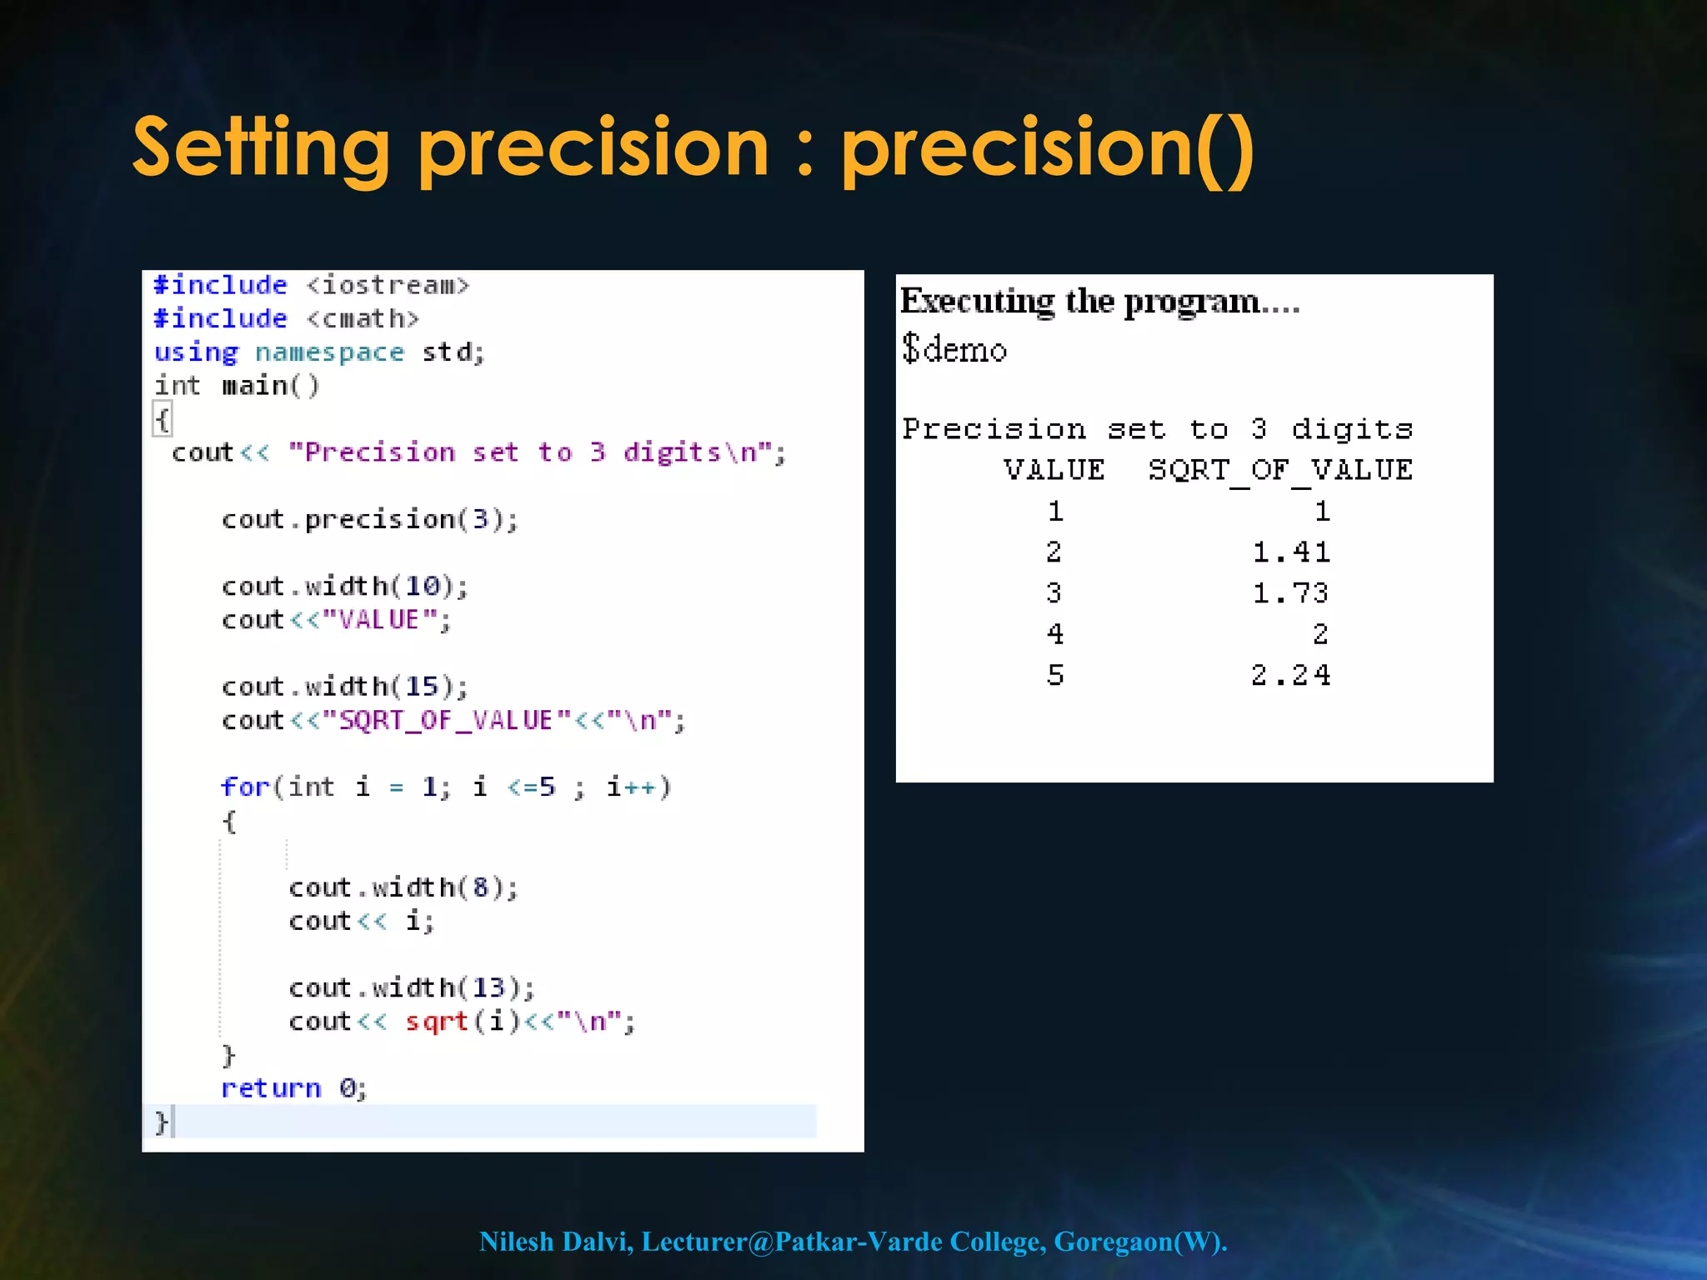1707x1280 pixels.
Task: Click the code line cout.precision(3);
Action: [x=369, y=520]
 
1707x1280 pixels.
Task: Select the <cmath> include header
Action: [x=363, y=319]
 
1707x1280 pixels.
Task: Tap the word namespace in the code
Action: [x=329, y=353]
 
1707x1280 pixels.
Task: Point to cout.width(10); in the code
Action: [x=344, y=587]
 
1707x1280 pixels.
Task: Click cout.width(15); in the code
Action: [x=344, y=687]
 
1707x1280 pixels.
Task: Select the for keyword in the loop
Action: [x=245, y=787]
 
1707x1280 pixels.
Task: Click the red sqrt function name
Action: [x=437, y=1022]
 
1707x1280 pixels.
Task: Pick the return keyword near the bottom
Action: [x=271, y=1088]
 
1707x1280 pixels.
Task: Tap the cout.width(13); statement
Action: [x=411, y=988]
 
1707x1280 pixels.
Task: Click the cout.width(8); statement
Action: [x=403, y=888]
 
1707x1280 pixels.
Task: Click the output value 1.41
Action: [x=1291, y=552]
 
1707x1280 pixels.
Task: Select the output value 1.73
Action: [x=1291, y=593]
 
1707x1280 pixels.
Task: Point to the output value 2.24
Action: [x=1291, y=675]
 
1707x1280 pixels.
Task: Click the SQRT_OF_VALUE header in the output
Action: [x=1280, y=471]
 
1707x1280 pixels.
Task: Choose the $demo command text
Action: [x=954, y=349]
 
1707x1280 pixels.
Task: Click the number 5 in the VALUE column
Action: [x=1055, y=675]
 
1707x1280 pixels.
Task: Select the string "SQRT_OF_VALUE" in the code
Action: [x=446, y=721]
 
